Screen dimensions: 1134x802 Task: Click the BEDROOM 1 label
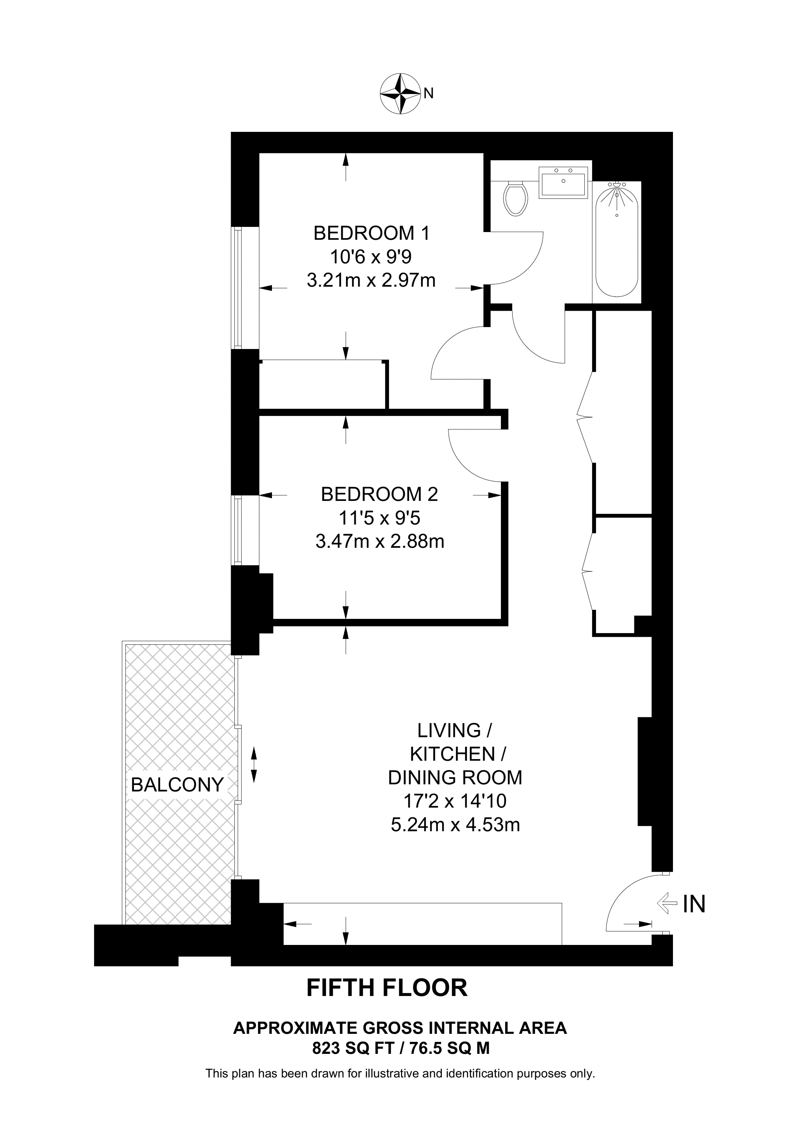tap(371, 233)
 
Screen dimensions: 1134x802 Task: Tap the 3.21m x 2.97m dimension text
tap(371, 280)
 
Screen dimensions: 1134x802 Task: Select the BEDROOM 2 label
tap(379, 494)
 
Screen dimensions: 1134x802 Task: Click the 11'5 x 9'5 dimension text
tap(379, 518)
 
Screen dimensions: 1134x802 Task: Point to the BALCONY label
tap(177, 784)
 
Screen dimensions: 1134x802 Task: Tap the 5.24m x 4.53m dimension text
tap(455, 825)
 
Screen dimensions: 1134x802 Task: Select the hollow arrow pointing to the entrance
tap(667, 904)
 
